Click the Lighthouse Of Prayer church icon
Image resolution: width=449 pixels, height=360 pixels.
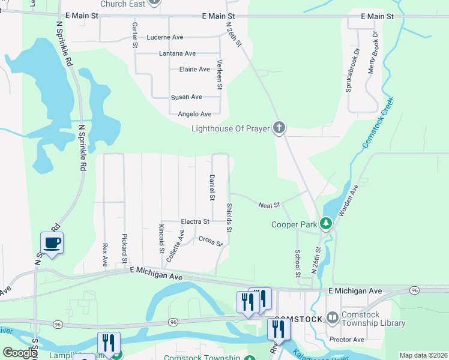279,127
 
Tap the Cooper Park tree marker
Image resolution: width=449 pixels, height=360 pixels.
326,224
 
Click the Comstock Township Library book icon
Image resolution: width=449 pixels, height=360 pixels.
333,318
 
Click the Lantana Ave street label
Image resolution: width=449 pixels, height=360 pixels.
177,53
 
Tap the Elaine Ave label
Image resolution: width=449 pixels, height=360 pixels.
194,70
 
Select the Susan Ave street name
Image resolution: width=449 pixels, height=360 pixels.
186,97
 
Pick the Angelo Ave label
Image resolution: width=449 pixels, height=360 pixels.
194,114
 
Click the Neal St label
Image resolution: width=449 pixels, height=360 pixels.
270,205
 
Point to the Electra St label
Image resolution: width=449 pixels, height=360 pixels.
194,222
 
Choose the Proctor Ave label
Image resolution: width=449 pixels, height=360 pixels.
346,340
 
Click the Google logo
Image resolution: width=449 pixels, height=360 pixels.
20,353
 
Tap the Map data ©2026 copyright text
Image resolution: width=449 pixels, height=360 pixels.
423,355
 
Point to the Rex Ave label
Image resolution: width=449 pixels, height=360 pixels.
104,255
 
